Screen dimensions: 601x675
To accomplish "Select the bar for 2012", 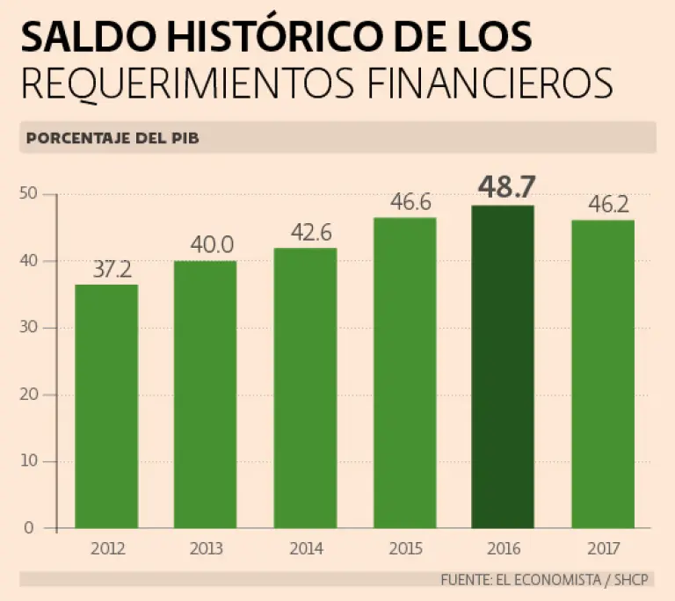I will pyautogui.click(x=106, y=406).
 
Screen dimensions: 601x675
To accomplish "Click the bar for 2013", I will pyautogui.click(x=205, y=395).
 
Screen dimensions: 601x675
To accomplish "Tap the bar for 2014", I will pyautogui.click(x=304, y=387).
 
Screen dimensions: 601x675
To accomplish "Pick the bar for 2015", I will pyautogui.click(x=404, y=373).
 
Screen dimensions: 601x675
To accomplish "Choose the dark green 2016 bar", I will pyautogui.click(x=503, y=366).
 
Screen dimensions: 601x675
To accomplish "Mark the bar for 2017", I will pyautogui.click(x=603, y=373).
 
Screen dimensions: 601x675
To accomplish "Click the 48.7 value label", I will pyautogui.click(x=504, y=188).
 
